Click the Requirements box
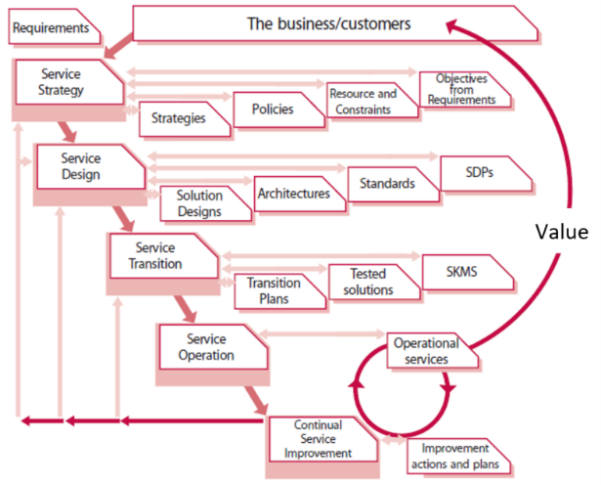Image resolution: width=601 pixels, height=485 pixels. coord(55,28)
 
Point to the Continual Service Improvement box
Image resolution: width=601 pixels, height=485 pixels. coord(322,437)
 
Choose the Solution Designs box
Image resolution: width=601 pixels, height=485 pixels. coord(200,203)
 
